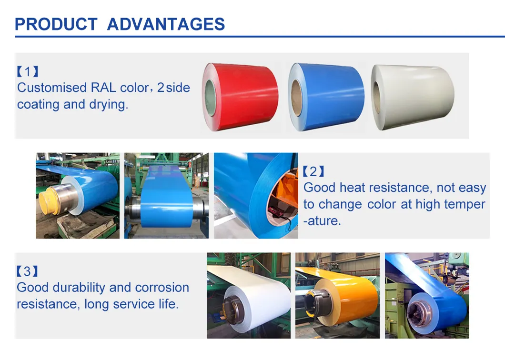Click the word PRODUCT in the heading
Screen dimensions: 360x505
coord(56,24)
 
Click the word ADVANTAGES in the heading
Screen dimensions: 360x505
coord(166,24)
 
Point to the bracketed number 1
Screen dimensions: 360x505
coord(27,72)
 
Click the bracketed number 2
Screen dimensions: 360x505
coord(313,171)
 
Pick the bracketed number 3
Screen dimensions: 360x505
coord(27,271)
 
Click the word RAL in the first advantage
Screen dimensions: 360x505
coord(103,88)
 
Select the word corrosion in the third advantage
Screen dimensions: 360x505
coord(162,288)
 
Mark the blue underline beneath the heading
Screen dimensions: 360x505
coord(252,36)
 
